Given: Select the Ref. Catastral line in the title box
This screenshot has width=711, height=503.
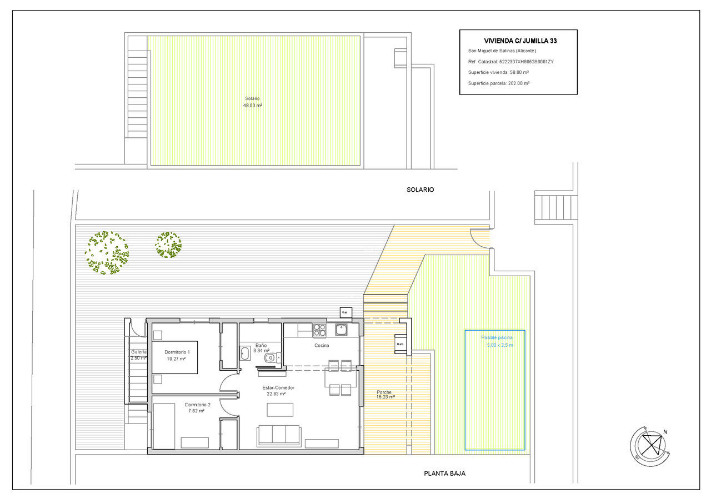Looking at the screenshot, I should click(510, 62).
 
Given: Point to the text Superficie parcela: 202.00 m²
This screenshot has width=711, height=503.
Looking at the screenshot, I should click(498, 83).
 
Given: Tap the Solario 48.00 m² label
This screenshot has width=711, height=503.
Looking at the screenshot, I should click(252, 101).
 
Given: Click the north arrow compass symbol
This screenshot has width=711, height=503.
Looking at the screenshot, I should click(648, 446).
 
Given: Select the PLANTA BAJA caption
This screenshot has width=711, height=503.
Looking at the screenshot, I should click(444, 474).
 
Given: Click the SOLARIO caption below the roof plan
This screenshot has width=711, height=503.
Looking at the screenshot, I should click(420, 190).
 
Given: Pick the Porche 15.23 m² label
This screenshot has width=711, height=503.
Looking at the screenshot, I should click(385, 394).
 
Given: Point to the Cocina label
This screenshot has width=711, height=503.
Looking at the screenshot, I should click(322, 345).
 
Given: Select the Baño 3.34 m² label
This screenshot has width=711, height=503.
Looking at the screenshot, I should click(261, 348).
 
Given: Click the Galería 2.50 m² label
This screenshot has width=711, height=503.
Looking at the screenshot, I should click(138, 355).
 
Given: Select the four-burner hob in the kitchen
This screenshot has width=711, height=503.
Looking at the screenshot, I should click(319, 330).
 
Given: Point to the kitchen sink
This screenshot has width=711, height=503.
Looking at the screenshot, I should click(341, 330).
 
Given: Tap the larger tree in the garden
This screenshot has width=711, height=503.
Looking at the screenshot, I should click(107, 253).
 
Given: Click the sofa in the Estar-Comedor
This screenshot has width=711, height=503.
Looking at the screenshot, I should click(278, 435).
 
